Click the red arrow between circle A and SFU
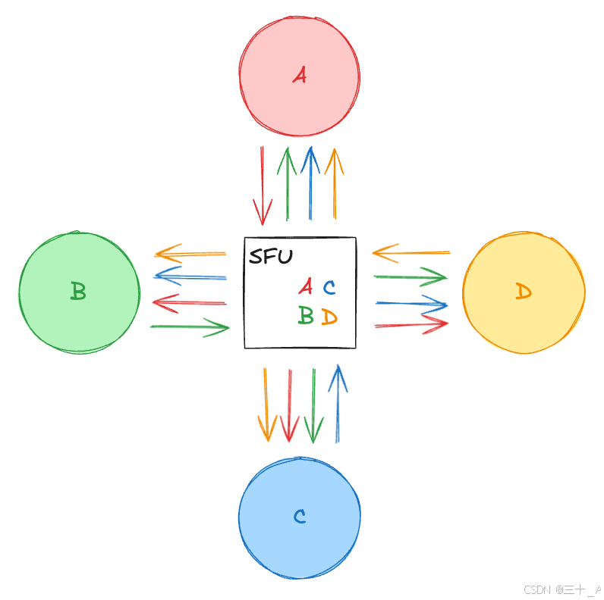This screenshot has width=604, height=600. pos(263,186)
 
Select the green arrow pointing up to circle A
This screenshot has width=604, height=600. pos(287,183)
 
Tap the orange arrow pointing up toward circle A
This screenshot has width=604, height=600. pos(333,183)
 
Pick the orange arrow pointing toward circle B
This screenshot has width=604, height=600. pos(190,252)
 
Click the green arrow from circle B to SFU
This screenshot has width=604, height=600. pos(190,327)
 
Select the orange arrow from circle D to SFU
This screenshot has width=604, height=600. pos(411,252)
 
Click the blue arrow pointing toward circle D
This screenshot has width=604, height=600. pos(411,305)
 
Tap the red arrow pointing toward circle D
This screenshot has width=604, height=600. pos(411,324)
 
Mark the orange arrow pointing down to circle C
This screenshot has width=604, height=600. pos(266,405)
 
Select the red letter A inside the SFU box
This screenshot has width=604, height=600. pos(305,286)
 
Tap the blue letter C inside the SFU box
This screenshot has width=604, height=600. pos(329,287)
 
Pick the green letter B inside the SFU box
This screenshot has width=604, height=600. pos(305,315)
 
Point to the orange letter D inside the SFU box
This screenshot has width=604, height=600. pos(329,316)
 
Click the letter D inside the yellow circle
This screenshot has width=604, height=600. pos(524,292)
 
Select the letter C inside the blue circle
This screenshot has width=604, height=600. pos(300,517)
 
